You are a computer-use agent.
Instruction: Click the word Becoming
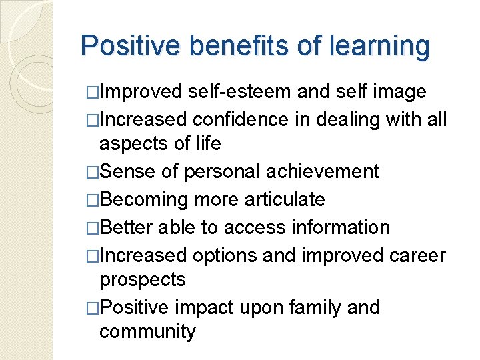(146, 199)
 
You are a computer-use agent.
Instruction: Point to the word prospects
(142, 280)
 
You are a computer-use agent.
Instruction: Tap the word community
(147, 331)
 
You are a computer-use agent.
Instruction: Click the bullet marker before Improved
(93, 91)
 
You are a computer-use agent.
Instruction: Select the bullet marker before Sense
(93, 172)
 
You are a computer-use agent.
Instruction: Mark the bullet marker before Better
(93, 228)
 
